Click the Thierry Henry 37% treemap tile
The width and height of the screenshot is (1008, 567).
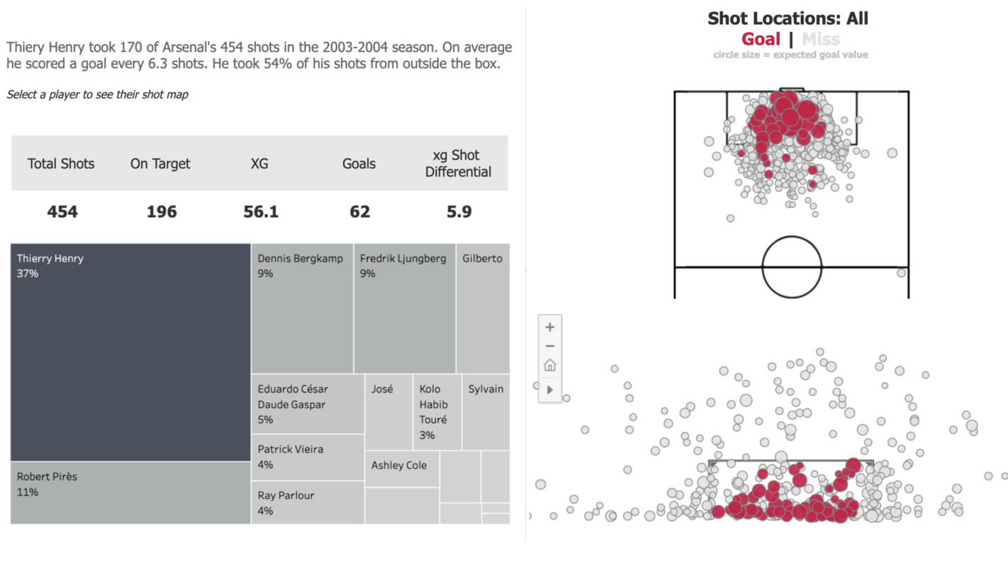tap(130, 352)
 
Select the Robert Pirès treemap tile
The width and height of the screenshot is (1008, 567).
tap(130, 493)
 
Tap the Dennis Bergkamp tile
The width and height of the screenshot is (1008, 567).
tap(302, 309)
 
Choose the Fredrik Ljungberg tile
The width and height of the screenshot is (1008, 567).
tap(404, 309)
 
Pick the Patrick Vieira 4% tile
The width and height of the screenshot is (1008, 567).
tap(308, 457)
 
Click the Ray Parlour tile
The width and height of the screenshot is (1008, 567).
tap(308, 503)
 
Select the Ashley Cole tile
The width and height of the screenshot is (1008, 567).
tap(402, 468)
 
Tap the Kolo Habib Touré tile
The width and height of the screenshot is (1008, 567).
tap(437, 412)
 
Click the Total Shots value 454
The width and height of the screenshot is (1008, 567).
tap(62, 212)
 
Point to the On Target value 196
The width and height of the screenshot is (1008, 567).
tap(162, 212)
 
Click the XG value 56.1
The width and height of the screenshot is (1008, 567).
tap(261, 212)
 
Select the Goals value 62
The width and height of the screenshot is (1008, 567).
tap(359, 212)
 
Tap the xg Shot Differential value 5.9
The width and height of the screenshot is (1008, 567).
tap(459, 212)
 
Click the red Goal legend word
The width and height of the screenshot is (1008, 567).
tap(761, 39)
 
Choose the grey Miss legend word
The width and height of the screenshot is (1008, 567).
tap(820, 39)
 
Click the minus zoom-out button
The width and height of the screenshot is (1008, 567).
tap(550, 347)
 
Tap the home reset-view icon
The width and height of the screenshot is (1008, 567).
tap(550, 366)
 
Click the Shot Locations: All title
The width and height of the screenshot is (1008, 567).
tap(788, 18)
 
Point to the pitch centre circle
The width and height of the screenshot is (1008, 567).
tap(792, 267)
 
